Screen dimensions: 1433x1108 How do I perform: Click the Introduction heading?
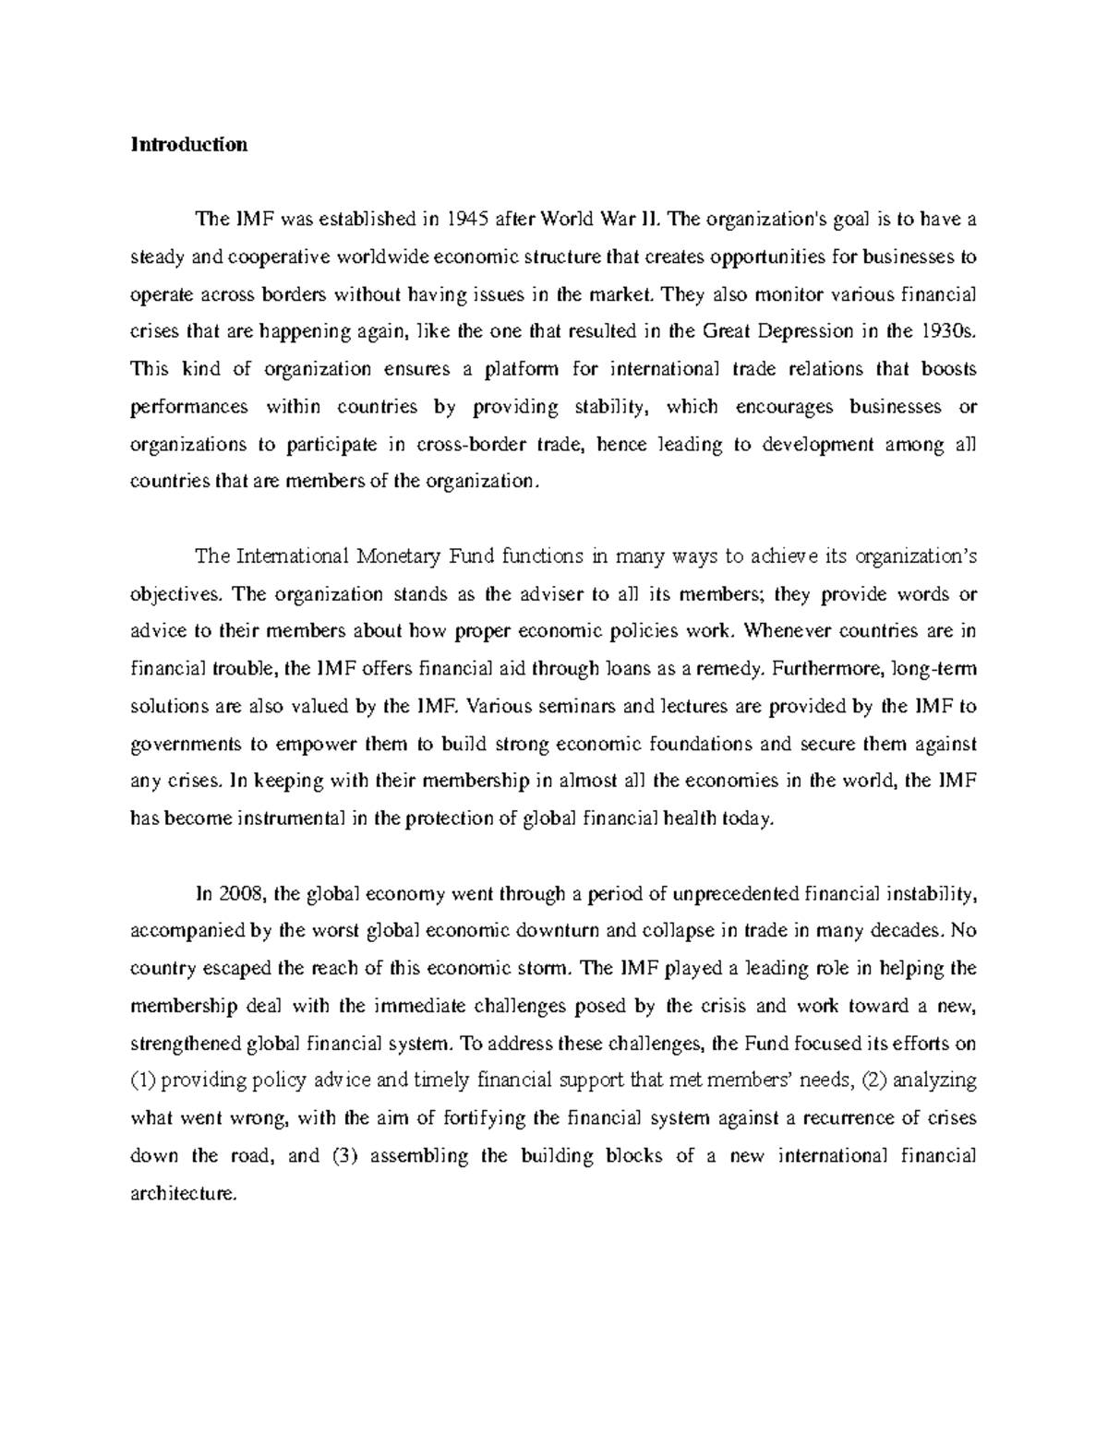pyautogui.click(x=189, y=145)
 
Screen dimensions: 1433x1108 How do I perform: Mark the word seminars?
pyautogui.click(x=547, y=707)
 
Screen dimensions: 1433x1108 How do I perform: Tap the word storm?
pyautogui.click(x=549, y=969)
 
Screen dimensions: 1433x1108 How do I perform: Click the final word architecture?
pyautogui.click(x=185, y=1194)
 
